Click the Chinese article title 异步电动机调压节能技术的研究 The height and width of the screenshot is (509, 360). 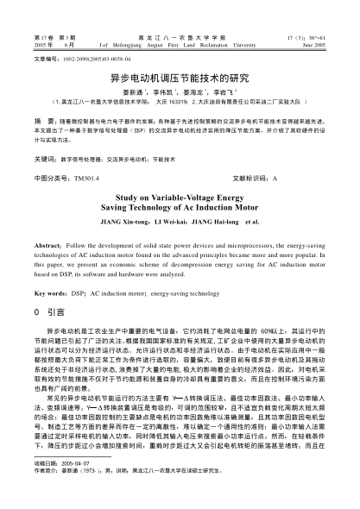pyautogui.click(x=180, y=77)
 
